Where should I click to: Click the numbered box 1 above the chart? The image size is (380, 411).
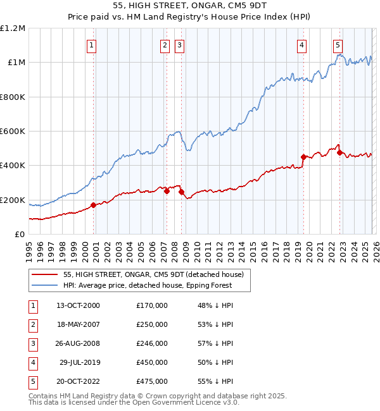coord(92,45)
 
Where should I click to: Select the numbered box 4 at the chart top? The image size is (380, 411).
coord(302,45)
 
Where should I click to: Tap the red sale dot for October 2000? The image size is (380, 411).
coord(93,205)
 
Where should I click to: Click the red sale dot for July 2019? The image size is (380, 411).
coord(303,157)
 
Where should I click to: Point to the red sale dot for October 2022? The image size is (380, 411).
coord(340,152)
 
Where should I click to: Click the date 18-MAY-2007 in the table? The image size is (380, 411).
coord(77,324)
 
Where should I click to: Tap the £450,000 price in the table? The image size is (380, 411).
coord(151,362)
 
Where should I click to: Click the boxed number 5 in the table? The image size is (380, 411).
coord(32,381)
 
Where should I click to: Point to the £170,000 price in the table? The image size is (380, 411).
coord(151,305)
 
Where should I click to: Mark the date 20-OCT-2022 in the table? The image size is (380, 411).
coord(77,381)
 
